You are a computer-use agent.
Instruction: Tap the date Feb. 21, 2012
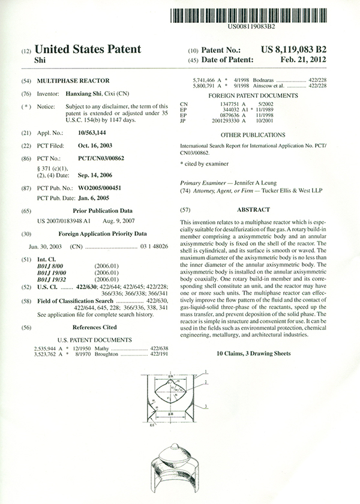304,60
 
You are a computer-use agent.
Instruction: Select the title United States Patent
89,49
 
